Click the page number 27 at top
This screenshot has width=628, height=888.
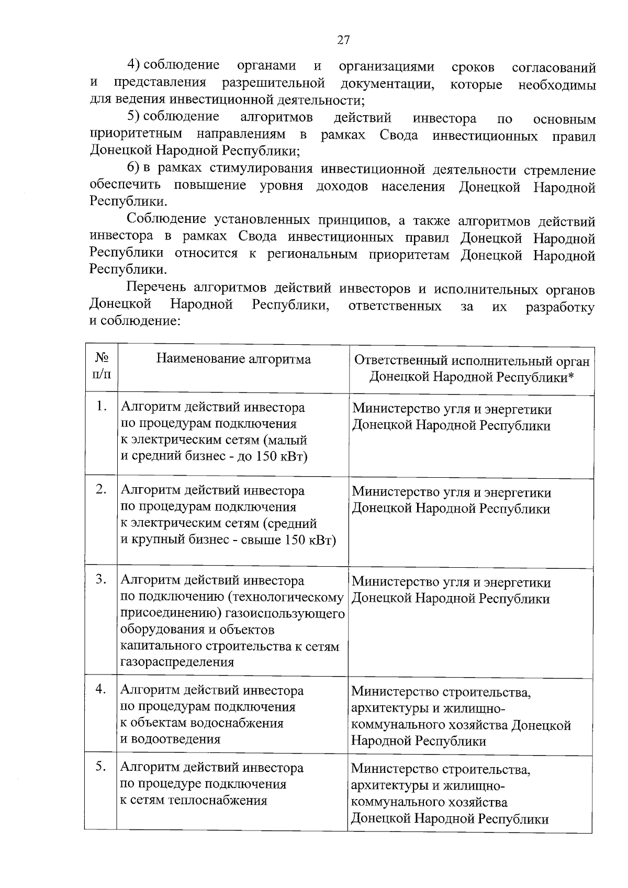pos(343,40)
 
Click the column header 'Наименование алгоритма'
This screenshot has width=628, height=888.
pos(233,359)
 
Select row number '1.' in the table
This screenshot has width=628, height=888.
pos(102,407)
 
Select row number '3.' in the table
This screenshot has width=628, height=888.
pos(102,579)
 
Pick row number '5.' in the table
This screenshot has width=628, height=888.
pos(102,767)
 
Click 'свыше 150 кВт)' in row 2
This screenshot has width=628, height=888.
pos(288,539)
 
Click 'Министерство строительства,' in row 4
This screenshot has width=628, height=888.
pos(441,692)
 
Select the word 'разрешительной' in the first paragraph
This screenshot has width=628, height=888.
pos(273,83)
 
